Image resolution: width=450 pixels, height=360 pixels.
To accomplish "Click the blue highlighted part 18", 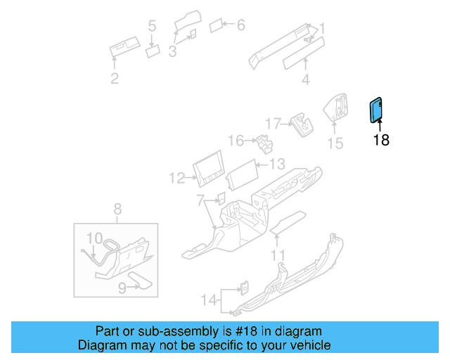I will [x=376, y=110].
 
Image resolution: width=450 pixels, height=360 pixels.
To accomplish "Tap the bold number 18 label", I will [x=380, y=140].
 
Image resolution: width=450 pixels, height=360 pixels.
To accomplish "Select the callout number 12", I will [x=176, y=179].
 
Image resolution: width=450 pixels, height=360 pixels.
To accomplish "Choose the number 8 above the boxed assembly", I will [x=117, y=208].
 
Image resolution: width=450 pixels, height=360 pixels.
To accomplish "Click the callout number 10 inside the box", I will [x=94, y=238].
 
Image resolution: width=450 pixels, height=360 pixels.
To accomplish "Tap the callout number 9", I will [x=122, y=287].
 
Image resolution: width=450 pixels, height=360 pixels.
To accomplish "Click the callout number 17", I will [x=273, y=122].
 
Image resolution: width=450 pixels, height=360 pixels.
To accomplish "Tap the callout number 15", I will [x=335, y=143].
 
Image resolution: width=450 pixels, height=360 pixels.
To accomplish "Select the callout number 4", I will [x=305, y=80].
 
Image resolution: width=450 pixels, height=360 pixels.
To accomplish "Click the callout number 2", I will [x=115, y=79].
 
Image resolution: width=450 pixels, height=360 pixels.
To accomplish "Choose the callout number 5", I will [x=152, y=27].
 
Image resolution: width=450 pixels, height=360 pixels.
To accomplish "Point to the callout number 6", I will [x=240, y=25].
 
